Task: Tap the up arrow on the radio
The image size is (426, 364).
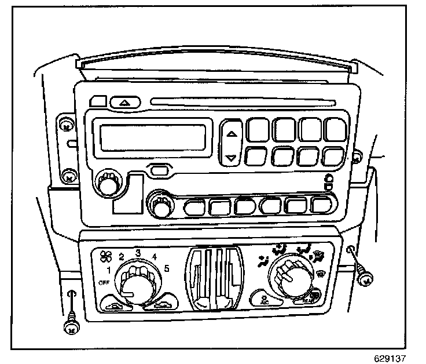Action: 232,133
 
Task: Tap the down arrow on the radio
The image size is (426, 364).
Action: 232,156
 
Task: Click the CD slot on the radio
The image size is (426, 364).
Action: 243,104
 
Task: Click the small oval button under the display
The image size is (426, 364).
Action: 159,170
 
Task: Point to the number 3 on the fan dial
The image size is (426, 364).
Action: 138,253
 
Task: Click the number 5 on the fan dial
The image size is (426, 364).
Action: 166,268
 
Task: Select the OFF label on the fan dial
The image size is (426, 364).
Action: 104,282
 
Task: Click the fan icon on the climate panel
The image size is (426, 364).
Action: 106,255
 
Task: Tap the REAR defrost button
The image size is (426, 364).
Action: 315,297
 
